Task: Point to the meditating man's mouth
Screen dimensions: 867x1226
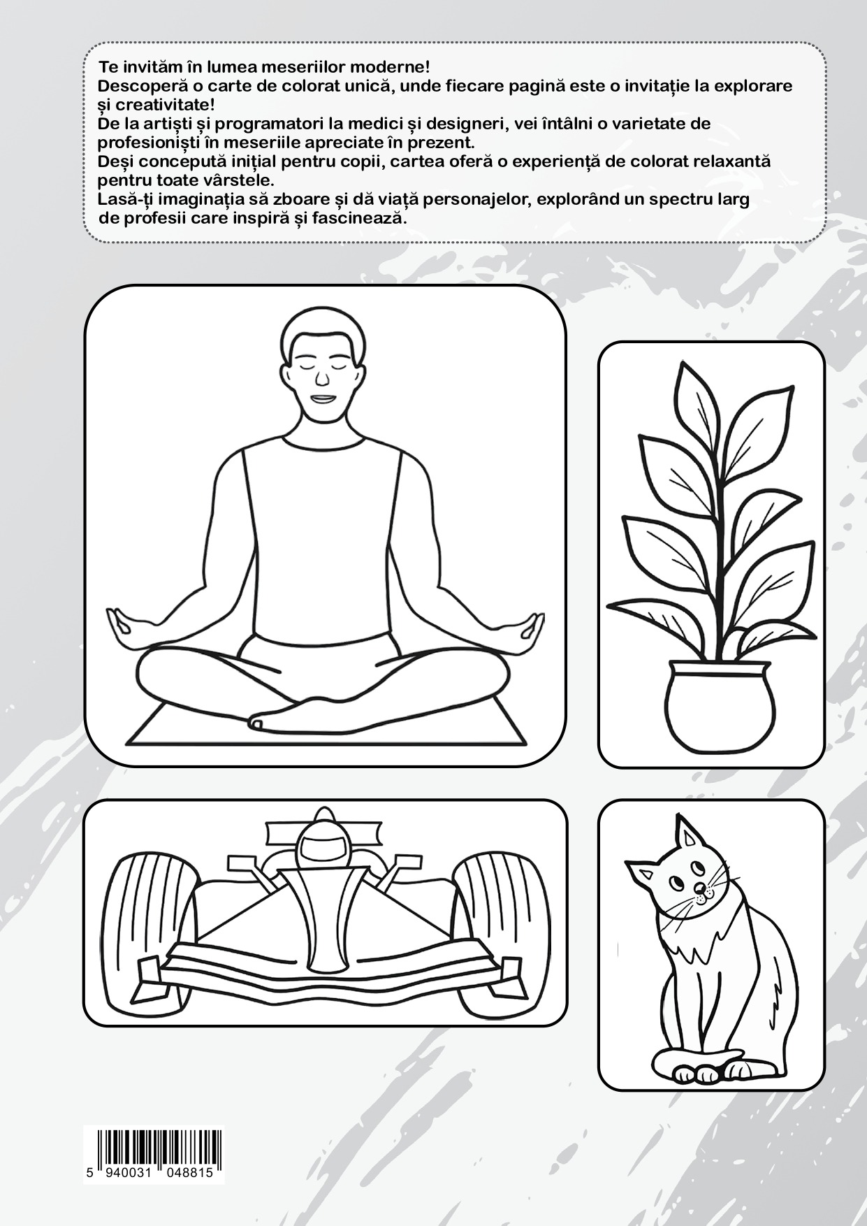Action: pyautogui.click(x=322, y=398)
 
